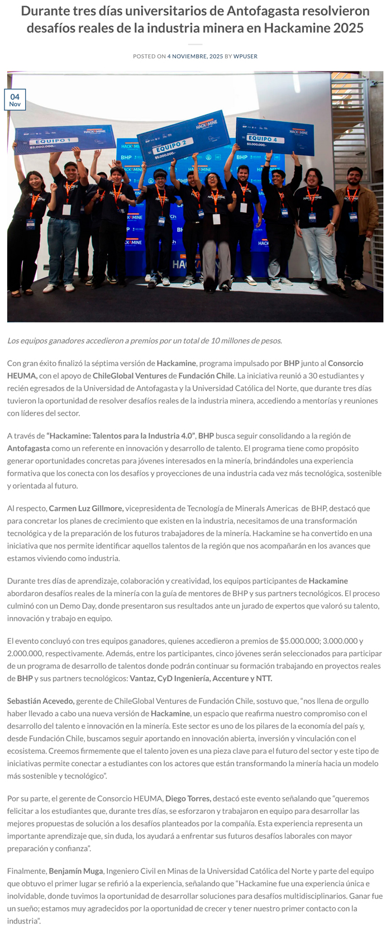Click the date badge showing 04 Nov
click(15, 100)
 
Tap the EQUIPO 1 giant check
click(64, 140)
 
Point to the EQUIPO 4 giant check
click(270, 136)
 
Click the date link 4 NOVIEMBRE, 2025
click(195, 56)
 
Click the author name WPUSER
click(245, 56)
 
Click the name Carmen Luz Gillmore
click(86, 508)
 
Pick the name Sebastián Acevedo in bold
click(40, 701)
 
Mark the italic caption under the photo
click(144, 340)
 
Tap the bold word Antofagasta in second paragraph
click(28, 448)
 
